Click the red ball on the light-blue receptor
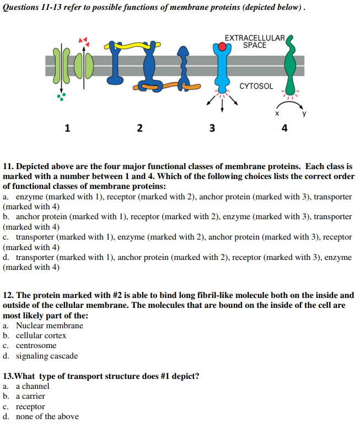pyautogui.click(x=223, y=47)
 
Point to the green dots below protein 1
pyautogui.click(x=61, y=97)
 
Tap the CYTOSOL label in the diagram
pyautogui.click(x=256, y=86)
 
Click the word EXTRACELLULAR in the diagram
pyautogui.click(x=254, y=38)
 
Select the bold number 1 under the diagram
pyautogui.click(x=67, y=129)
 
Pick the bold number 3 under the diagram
pyautogui.click(x=212, y=129)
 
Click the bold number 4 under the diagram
pyautogui.click(x=284, y=129)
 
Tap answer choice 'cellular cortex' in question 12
pyautogui.click(x=41, y=335)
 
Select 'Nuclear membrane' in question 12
pyautogui.click(x=49, y=326)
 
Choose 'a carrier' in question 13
pyautogui.click(x=30, y=396)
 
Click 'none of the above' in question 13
pyautogui.click(x=47, y=416)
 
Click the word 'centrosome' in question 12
pyautogui.click(x=36, y=346)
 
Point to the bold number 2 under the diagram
pyautogui.click(x=139, y=129)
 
